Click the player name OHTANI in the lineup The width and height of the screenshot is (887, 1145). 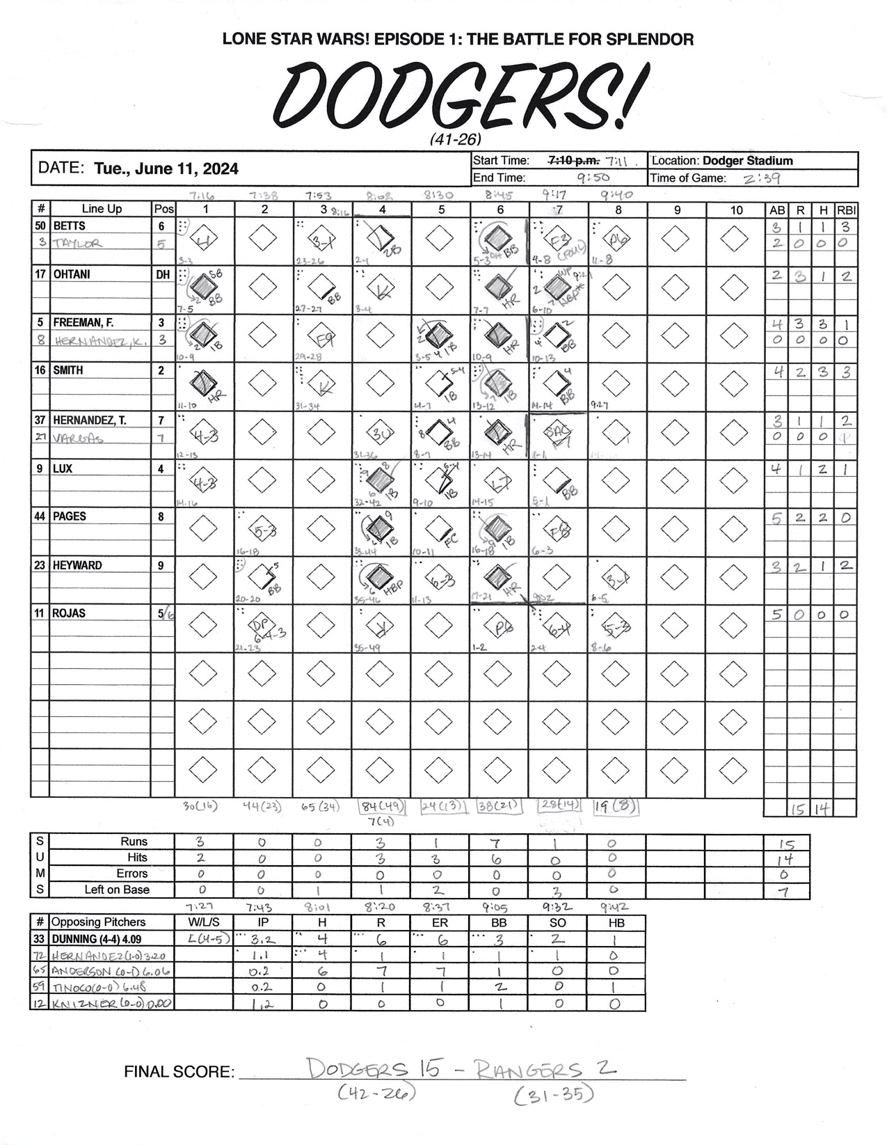72,274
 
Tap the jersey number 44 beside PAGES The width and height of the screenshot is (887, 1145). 40,516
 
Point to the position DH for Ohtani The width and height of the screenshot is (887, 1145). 163,274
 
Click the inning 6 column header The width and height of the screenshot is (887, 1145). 500,210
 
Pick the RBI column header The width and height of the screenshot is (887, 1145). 847,210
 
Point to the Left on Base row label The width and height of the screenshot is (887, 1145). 117,890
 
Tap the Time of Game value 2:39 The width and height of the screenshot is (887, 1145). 761,178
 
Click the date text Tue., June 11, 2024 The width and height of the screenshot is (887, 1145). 166,168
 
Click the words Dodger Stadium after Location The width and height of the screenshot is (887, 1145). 748,161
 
